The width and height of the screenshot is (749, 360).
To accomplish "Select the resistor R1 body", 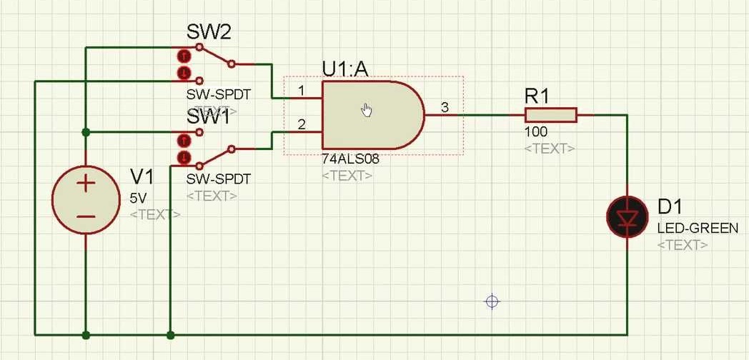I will click(x=550, y=115).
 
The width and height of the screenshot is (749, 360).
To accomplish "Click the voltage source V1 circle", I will click(x=86, y=199).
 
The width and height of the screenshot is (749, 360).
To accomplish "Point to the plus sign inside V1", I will click(x=86, y=184).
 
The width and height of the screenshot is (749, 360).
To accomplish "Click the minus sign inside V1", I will click(x=86, y=216).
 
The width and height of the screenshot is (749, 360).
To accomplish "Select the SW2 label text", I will click(x=209, y=31).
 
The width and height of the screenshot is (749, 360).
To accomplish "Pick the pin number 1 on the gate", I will click(x=302, y=91).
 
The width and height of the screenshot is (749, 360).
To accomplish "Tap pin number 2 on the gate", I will click(x=302, y=125).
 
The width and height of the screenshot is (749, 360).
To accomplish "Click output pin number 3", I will click(x=445, y=108).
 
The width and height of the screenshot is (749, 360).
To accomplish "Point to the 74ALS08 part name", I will click(x=350, y=160).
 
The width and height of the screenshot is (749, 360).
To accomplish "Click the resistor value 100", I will click(x=536, y=133).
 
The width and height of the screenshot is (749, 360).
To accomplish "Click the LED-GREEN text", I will click(x=698, y=229).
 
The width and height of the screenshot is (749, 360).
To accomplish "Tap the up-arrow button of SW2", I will click(x=184, y=55).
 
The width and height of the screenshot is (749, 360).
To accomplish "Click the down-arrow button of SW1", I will click(x=184, y=156).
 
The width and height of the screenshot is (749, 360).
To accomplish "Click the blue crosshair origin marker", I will click(x=492, y=301).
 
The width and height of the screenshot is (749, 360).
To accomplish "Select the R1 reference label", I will click(x=537, y=96).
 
